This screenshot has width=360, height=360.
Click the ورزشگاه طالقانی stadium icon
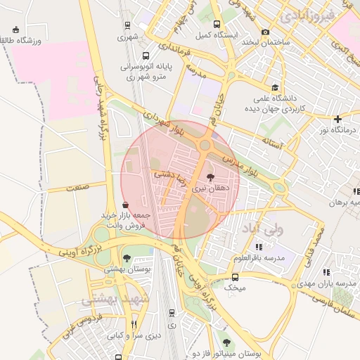click(16, 30)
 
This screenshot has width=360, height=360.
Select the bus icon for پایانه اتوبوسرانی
click(145, 55)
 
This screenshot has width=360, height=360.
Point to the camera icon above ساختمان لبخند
click(265, 32)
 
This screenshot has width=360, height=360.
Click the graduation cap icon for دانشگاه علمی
click(278, 98)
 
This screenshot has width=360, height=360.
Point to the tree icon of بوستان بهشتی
click(127, 258)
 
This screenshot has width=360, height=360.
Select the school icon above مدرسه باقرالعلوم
click(259, 247)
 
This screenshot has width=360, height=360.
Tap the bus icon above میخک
click(235, 277)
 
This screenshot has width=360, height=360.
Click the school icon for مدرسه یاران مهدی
click(326, 272)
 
